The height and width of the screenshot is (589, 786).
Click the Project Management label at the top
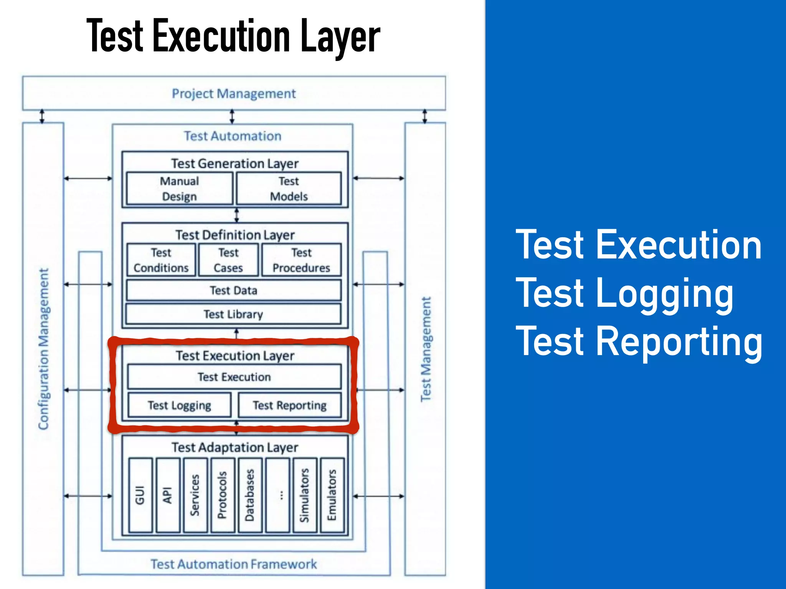233,94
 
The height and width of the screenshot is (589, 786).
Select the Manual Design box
179,188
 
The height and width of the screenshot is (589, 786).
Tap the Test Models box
289,188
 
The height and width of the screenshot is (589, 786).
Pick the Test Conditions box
161,260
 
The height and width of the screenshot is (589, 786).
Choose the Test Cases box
228,260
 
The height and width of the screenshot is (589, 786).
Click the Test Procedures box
301,260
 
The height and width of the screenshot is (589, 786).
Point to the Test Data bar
233,290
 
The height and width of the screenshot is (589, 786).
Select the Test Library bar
233,314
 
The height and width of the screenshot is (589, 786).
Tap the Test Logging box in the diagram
179,405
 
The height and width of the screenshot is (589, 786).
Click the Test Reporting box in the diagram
289,405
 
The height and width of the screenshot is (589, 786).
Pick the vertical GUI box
140,495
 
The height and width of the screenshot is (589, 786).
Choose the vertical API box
167,495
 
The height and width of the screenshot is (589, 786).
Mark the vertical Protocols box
222,495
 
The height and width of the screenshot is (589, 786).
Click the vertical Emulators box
332,495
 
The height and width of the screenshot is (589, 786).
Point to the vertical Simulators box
304,495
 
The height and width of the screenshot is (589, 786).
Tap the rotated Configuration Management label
44,349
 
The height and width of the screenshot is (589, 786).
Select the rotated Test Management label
426,349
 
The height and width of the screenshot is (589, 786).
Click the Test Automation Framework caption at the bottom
233,564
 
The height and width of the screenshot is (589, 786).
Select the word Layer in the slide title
340,36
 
